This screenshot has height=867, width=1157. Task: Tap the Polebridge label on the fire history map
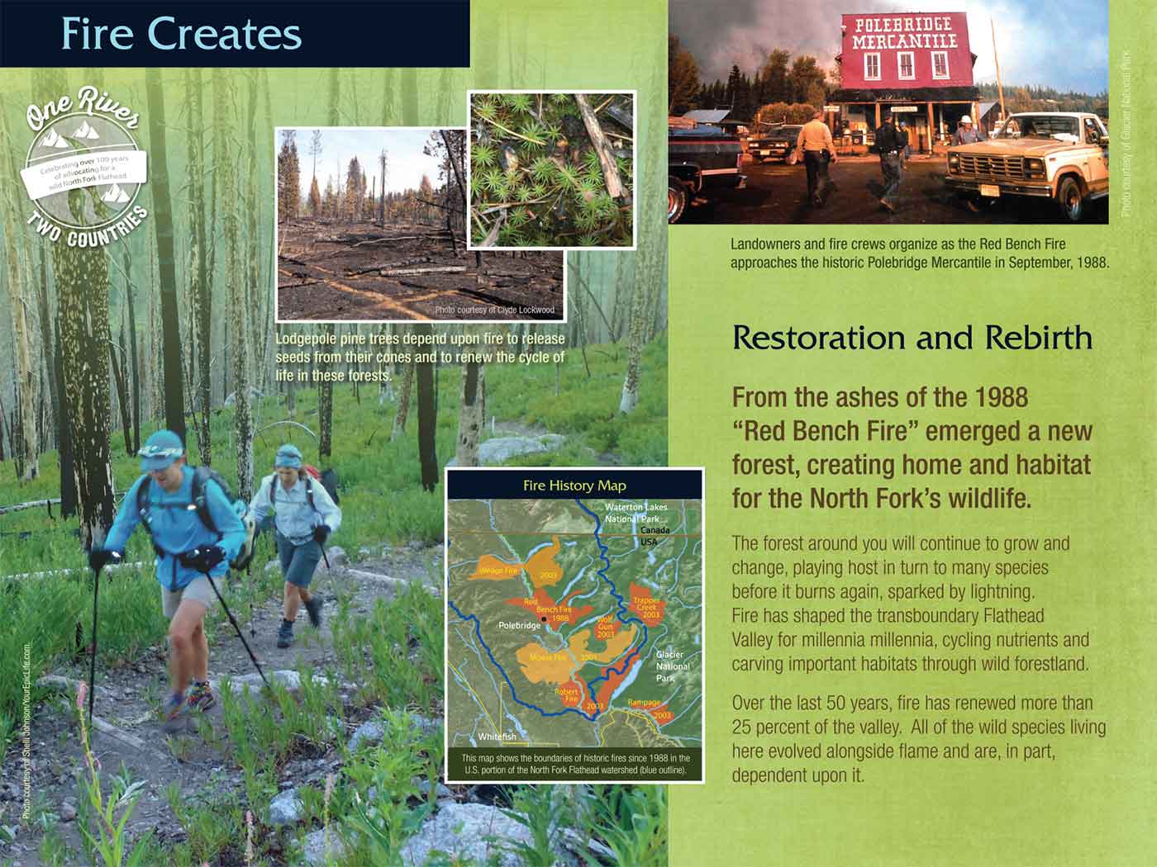(x=520, y=626)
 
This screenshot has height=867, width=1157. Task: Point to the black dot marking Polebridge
(x=543, y=618)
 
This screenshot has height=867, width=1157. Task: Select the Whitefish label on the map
(x=498, y=737)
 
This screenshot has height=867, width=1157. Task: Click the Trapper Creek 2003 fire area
(x=646, y=607)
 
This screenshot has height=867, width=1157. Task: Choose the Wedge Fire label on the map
(x=498, y=571)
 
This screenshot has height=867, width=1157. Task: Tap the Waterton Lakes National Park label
(x=636, y=513)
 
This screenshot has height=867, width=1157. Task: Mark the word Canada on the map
(x=653, y=529)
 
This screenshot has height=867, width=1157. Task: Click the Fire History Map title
(x=574, y=486)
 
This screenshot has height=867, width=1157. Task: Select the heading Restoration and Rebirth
(x=912, y=338)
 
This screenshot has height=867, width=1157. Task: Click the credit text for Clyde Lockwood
(x=494, y=310)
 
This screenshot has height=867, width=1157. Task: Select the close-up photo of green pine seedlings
(x=553, y=169)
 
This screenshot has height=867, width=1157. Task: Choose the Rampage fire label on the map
(x=644, y=704)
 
